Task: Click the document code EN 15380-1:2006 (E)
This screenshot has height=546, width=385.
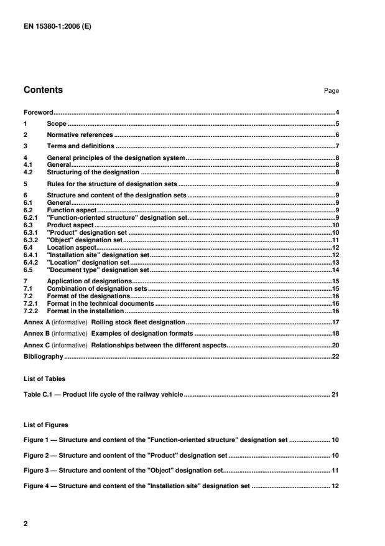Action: (57, 27)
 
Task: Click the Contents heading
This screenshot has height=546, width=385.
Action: (43, 90)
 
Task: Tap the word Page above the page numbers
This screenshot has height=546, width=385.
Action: (331, 91)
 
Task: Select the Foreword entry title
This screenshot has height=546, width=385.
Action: (38, 113)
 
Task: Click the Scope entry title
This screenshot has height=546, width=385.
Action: (57, 124)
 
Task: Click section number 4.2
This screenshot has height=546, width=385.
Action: (28, 171)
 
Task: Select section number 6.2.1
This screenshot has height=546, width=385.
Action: (30, 217)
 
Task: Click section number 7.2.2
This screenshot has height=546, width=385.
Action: (30, 310)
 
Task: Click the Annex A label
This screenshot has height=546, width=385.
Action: (37, 322)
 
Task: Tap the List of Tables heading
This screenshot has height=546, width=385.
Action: (44, 378)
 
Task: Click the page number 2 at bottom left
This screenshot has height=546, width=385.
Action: (26, 524)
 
